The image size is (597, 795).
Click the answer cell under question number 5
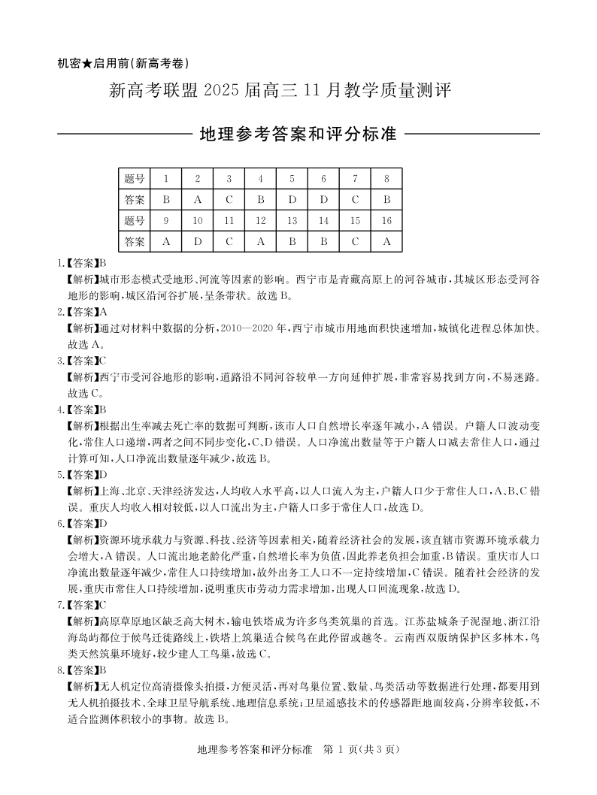tap(292, 200)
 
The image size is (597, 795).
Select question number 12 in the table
tap(260, 221)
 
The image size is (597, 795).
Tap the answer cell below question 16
tap(386, 242)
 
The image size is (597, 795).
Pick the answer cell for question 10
tap(197, 242)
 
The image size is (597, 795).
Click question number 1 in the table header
tap(165, 179)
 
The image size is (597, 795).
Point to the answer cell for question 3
tap(229, 200)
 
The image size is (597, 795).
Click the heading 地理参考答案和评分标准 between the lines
tap(298, 135)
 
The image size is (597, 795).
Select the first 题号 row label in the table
tap(135, 179)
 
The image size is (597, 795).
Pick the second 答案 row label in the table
tap(135, 242)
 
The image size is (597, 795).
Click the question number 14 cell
tap(323, 221)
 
